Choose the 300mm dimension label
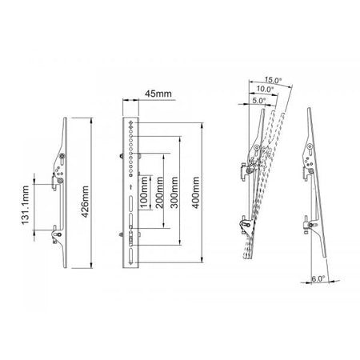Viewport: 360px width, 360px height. click(x=177, y=194)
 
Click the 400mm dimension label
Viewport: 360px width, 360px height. click(x=196, y=195)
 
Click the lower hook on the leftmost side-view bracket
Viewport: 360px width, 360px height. click(x=56, y=233)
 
